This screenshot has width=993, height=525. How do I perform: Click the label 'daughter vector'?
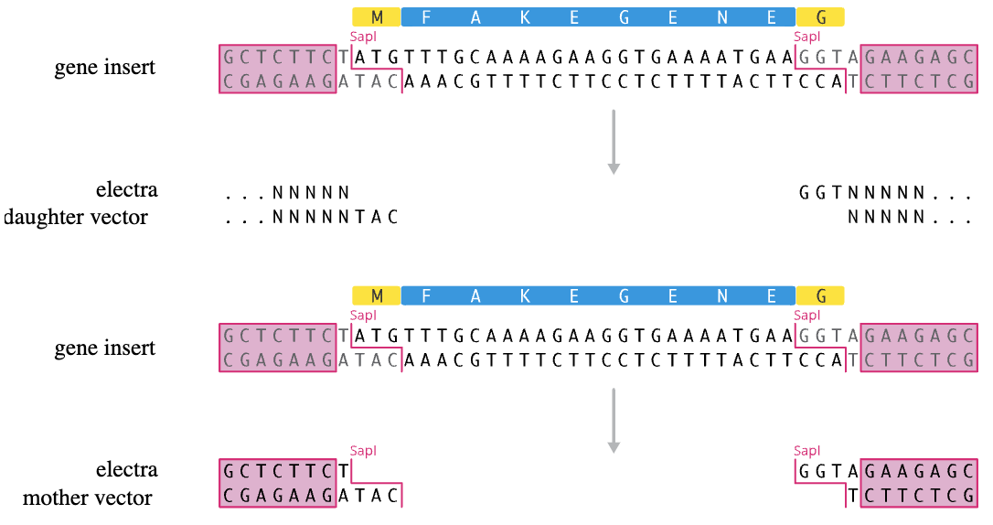[x=75, y=217]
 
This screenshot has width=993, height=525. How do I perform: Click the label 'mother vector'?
[x=88, y=498]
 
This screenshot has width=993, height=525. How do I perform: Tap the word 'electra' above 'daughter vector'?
[x=127, y=189]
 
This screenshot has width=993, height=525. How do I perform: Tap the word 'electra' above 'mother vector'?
[x=127, y=469]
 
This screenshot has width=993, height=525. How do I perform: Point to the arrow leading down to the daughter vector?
[x=613, y=142]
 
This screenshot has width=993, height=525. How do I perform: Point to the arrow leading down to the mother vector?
[x=613, y=421]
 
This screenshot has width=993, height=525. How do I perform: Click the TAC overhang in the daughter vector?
[x=376, y=217]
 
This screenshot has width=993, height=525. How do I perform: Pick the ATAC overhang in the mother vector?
[x=368, y=495]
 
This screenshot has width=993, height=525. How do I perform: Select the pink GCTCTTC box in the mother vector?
[x=278, y=471]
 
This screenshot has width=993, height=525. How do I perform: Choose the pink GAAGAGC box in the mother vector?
[x=919, y=471]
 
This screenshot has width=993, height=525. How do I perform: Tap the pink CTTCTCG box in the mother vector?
[x=919, y=495]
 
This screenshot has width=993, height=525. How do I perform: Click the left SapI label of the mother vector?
[x=363, y=451]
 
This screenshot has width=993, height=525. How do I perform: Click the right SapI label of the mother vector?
[x=806, y=451]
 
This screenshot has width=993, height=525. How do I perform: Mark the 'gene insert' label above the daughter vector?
[x=104, y=67]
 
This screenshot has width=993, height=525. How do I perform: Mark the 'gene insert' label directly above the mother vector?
[x=104, y=348]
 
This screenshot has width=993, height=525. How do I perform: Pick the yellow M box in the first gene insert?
[x=377, y=17]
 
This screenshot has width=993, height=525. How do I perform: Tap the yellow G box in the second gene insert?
[x=821, y=295]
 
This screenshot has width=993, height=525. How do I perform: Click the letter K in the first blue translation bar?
[x=525, y=17]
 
